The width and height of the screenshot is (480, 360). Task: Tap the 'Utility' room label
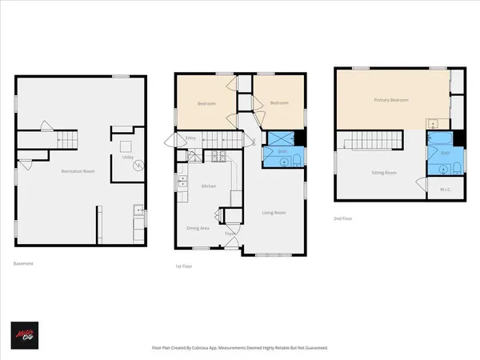click(127, 158)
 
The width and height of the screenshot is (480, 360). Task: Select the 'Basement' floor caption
click(23, 263)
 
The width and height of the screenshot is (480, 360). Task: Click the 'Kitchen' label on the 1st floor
click(208, 186)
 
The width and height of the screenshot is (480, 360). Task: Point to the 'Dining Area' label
click(198, 228)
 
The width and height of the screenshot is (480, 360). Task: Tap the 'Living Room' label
click(274, 213)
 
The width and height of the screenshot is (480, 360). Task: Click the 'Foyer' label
click(230, 234)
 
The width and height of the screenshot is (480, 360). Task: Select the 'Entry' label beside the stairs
click(190, 138)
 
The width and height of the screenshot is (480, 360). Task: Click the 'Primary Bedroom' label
click(391, 100)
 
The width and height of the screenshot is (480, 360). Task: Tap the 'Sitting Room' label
click(386, 172)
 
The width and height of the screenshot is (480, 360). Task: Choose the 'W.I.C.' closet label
click(446, 190)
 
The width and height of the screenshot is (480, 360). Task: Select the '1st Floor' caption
click(184, 266)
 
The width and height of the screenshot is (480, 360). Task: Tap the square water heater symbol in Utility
click(126, 146)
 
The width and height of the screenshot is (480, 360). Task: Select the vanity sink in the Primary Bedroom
click(431, 123)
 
